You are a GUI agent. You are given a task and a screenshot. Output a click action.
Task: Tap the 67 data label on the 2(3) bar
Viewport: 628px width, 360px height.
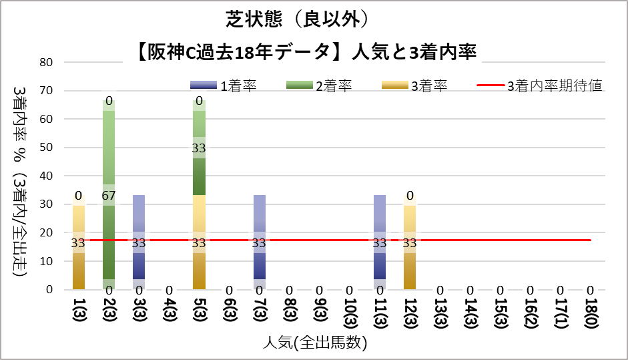click(109, 195)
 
